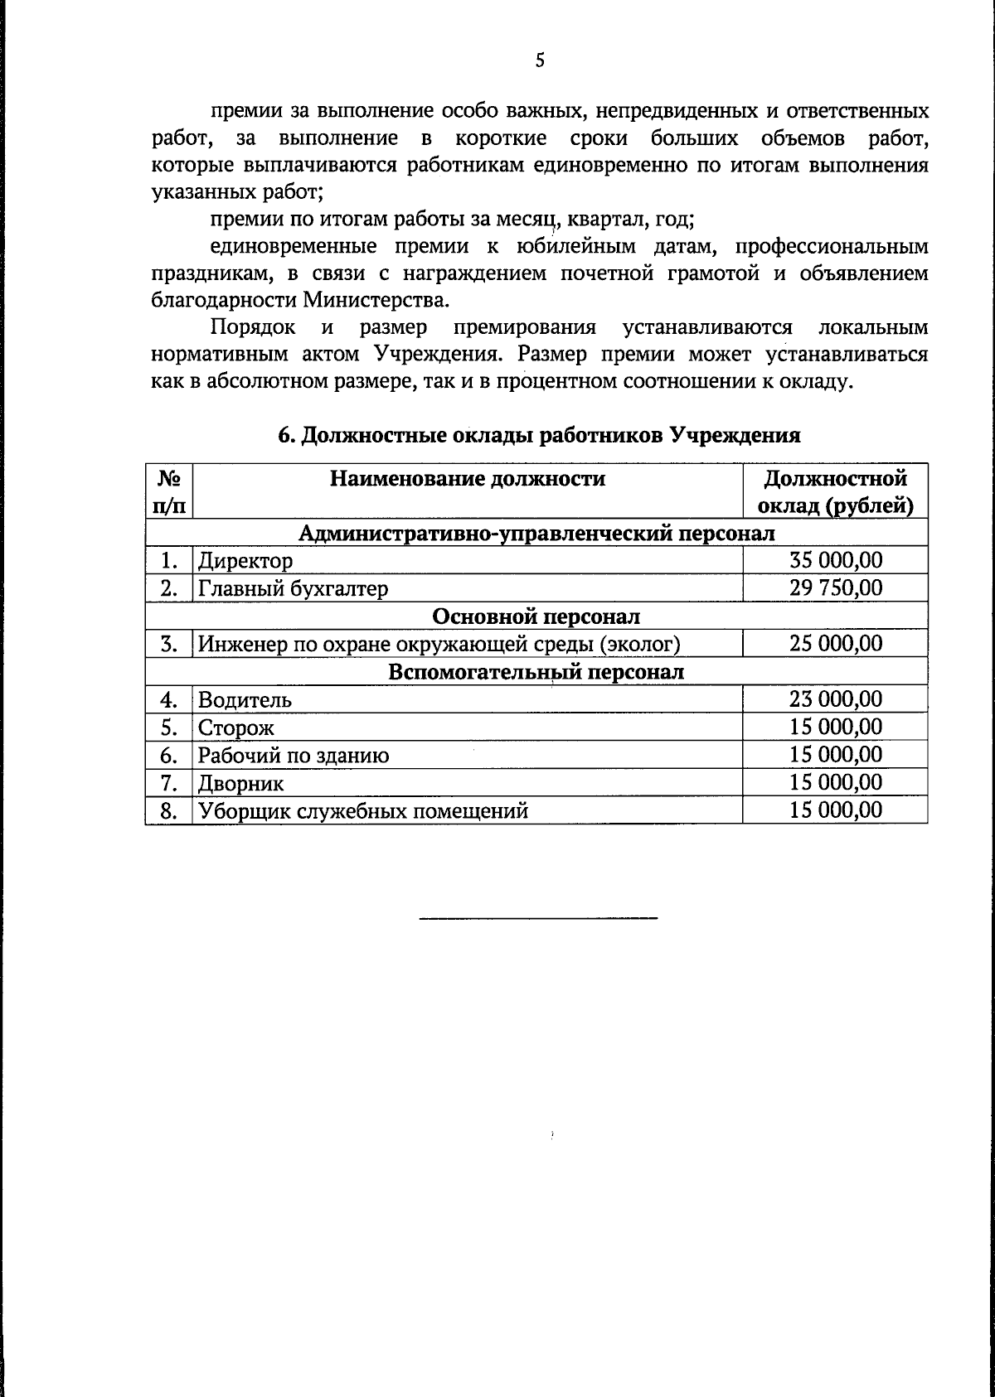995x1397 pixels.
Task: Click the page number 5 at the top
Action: [x=540, y=60]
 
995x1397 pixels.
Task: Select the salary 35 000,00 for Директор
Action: [x=835, y=560]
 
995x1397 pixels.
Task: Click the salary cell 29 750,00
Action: [x=835, y=588]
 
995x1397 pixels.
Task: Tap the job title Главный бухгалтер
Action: [x=293, y=589]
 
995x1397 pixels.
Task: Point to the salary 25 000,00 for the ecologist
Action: [x=835, y=644]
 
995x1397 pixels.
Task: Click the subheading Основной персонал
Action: [x=536, y=616]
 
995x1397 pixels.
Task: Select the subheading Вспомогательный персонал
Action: [x=536, y=671]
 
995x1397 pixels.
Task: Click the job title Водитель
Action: [x=245, y=700]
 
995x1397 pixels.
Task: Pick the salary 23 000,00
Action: [x=835, y=699]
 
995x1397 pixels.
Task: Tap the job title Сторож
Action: [x=235, y=728]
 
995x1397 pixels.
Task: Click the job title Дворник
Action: [x=240, y=783]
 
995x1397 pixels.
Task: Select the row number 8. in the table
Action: [x=169, y=811]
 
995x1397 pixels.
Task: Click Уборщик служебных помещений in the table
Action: [x=362, y=811]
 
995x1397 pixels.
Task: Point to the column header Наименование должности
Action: [x=468, y=479]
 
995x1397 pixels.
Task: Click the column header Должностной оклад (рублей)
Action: [x=835, y=492]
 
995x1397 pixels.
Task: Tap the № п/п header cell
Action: [x=169, y=492]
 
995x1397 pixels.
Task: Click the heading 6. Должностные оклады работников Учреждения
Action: [x=539, y=436]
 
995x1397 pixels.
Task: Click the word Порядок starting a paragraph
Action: [x=253, y=327]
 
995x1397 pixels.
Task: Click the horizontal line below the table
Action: [x=539, y=918]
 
